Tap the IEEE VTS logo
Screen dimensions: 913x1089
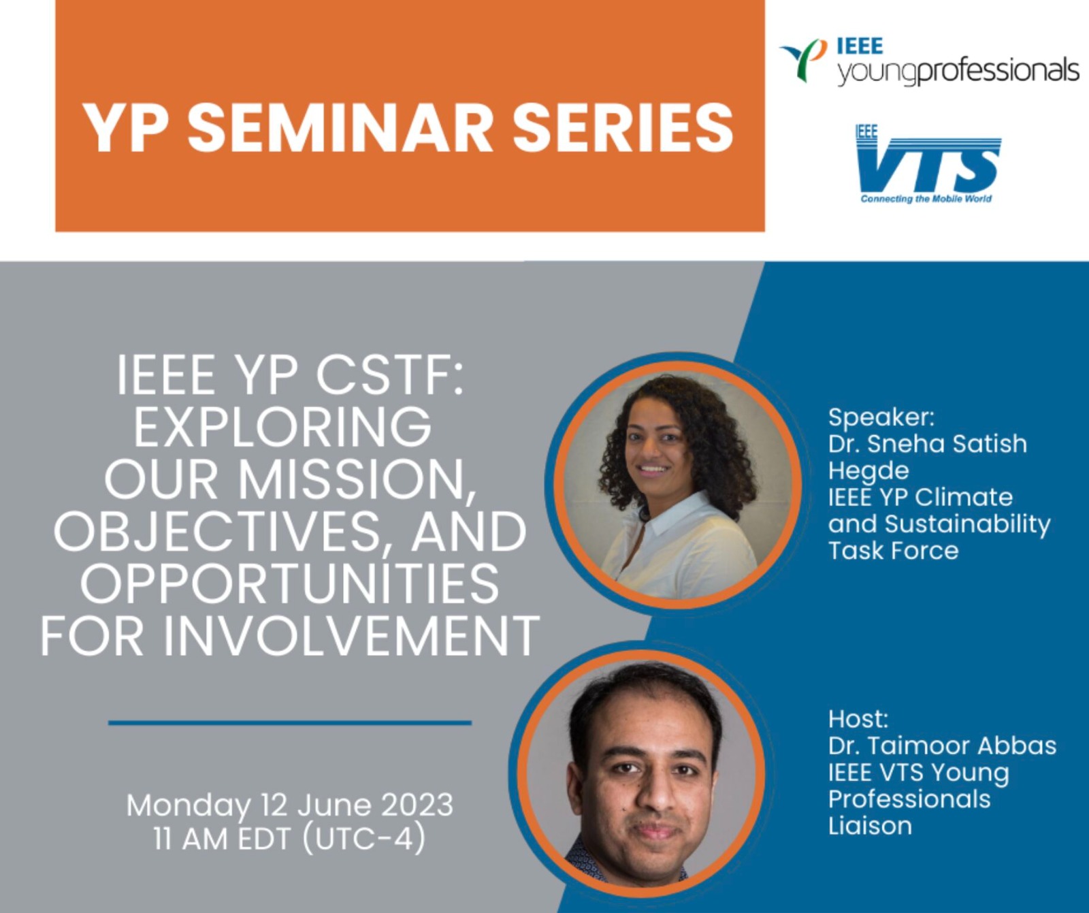coord(928,163)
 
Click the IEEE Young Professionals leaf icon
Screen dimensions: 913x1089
coord(804,60)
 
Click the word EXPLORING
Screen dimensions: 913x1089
coord(282,428)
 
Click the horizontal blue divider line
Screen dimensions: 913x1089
coord(290,722)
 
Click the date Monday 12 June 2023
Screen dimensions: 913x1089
coord(290,805)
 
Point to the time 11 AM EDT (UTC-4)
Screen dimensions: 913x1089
coord(290,838)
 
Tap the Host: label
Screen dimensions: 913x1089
coord(858,718)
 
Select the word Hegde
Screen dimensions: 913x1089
coord(868,470)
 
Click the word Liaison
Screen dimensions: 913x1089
coord(870,826)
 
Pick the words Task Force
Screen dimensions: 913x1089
coord(893,550)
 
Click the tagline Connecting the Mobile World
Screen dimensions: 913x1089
coord(926,199)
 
